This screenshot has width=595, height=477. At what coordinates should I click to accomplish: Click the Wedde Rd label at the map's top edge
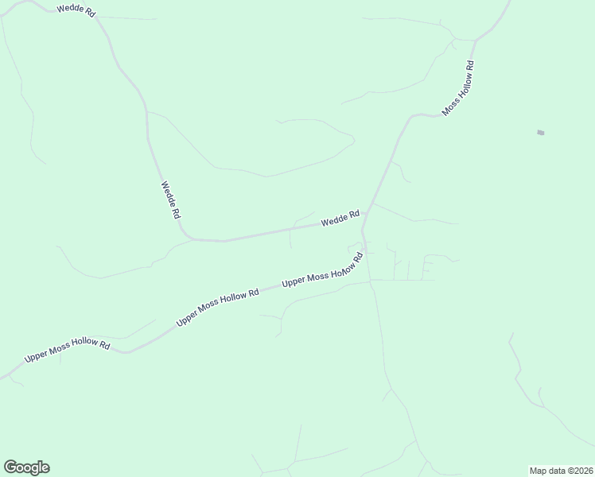tap(76, 11)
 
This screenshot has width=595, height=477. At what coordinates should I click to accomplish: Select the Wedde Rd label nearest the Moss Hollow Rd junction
tap(340, 218)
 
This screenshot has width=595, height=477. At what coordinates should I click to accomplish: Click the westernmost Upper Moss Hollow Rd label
tap(67, 350)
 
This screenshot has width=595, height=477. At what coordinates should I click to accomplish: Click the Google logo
tap(26, 467)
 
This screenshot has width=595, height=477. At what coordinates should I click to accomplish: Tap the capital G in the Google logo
tap(10, 467)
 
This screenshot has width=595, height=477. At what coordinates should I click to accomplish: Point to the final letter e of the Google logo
tap(45, 468)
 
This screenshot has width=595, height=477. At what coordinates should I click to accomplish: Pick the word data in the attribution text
tap(558, 470)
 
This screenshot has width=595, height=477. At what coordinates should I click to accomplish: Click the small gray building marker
tap(541, 132)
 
